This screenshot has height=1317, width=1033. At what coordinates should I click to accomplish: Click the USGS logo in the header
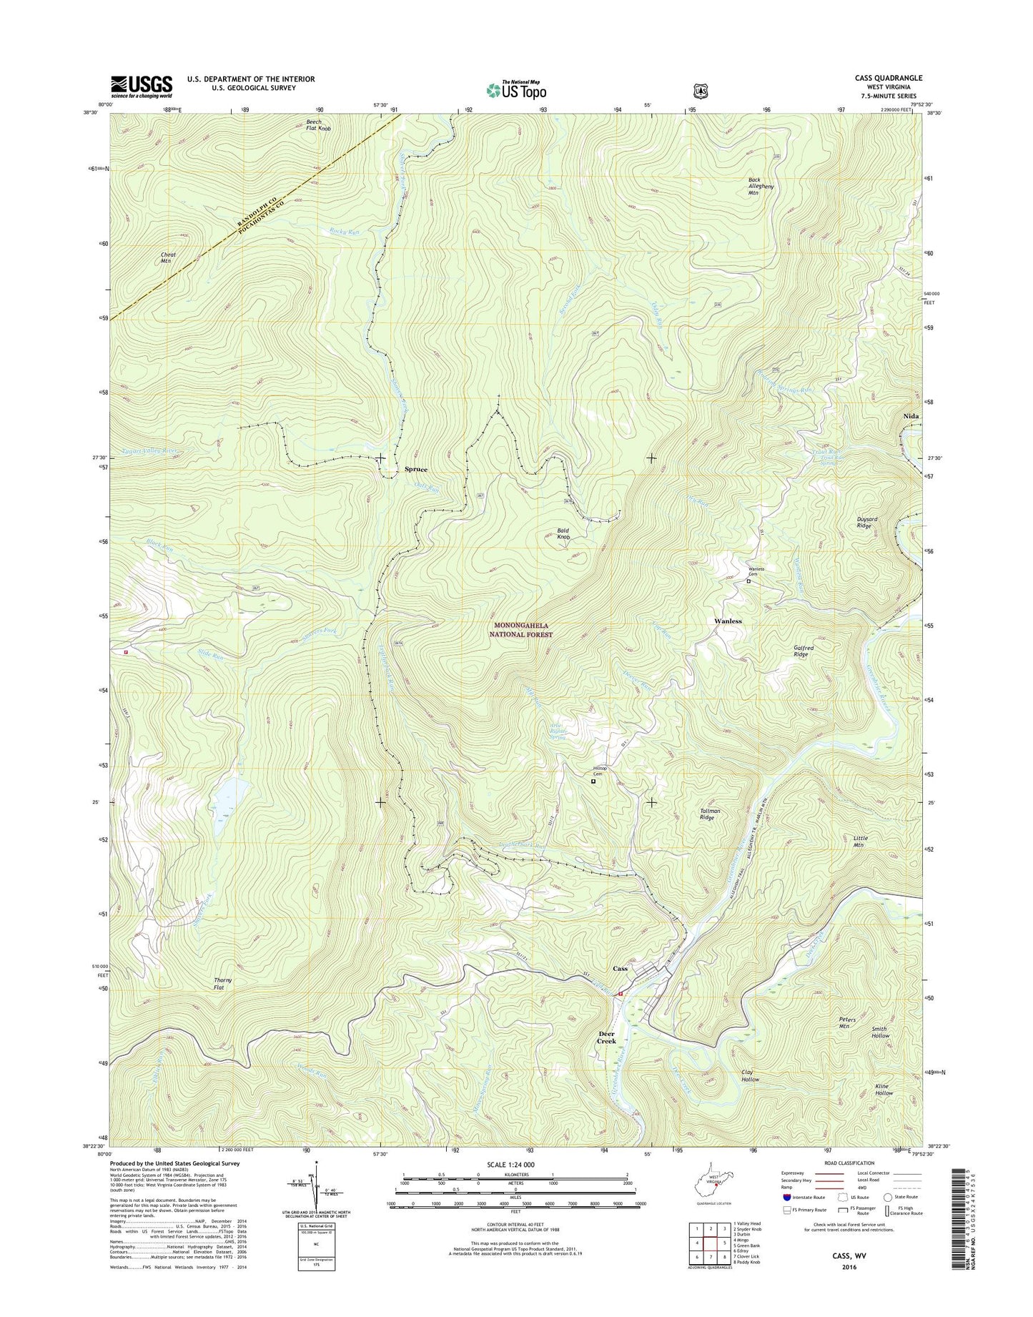point(141,87)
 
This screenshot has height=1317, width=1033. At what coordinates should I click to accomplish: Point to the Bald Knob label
point(563,533)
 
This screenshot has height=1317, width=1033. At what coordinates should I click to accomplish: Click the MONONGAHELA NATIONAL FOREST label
point(523,630)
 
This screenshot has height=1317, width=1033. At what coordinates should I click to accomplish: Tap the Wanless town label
point(728,621)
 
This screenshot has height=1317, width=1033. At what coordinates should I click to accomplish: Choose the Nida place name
point(911,415)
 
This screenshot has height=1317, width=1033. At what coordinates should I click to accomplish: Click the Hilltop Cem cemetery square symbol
point(593,782)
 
